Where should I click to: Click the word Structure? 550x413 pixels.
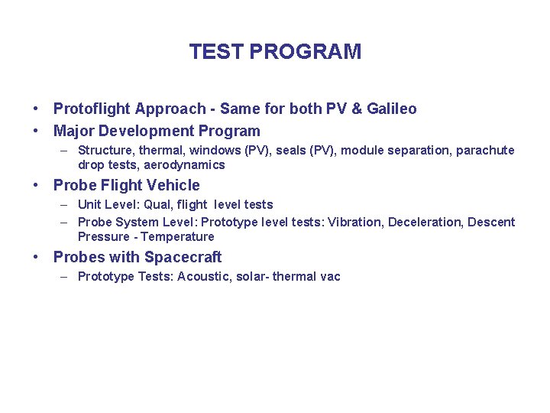click(x=103, y=150)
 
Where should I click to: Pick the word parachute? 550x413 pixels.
click(x=486, y=150)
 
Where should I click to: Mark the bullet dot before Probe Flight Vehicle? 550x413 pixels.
click(x=36, y=186)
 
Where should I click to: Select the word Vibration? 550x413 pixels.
click(x=354, y=222)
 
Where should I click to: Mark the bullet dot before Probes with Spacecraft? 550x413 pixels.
click(x=36, y=258)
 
